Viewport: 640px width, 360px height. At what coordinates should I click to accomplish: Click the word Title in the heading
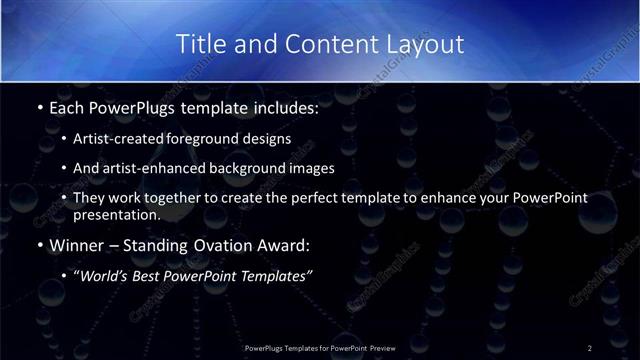[x=199, y=44]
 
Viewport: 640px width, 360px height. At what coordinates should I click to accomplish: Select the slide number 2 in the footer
[x=589, y=347]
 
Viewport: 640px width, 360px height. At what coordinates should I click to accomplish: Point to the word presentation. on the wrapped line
[x=116, y=213]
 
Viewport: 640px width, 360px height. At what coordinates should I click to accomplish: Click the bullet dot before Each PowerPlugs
[x=38, y=105]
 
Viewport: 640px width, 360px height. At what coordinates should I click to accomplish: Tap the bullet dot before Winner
[x=38, y=242]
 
